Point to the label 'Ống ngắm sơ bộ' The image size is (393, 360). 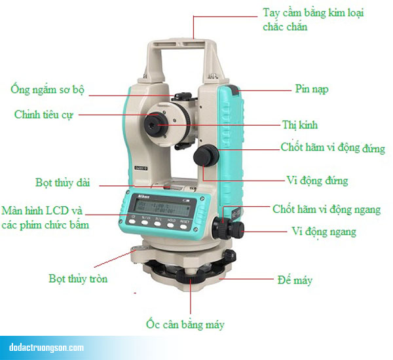tap(48, 90)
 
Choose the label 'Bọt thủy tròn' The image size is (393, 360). tap(78, 279)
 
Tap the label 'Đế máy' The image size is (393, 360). tap(295, 281)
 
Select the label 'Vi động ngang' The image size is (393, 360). tap(324, 232)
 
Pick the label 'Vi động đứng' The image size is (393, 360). tap(317, 180)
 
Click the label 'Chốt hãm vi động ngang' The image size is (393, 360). tap(326, 209)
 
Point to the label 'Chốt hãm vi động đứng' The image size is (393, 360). tap(333, 149)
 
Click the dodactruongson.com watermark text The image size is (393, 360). tap(47, 347)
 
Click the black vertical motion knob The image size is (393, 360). tap(204, 156)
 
